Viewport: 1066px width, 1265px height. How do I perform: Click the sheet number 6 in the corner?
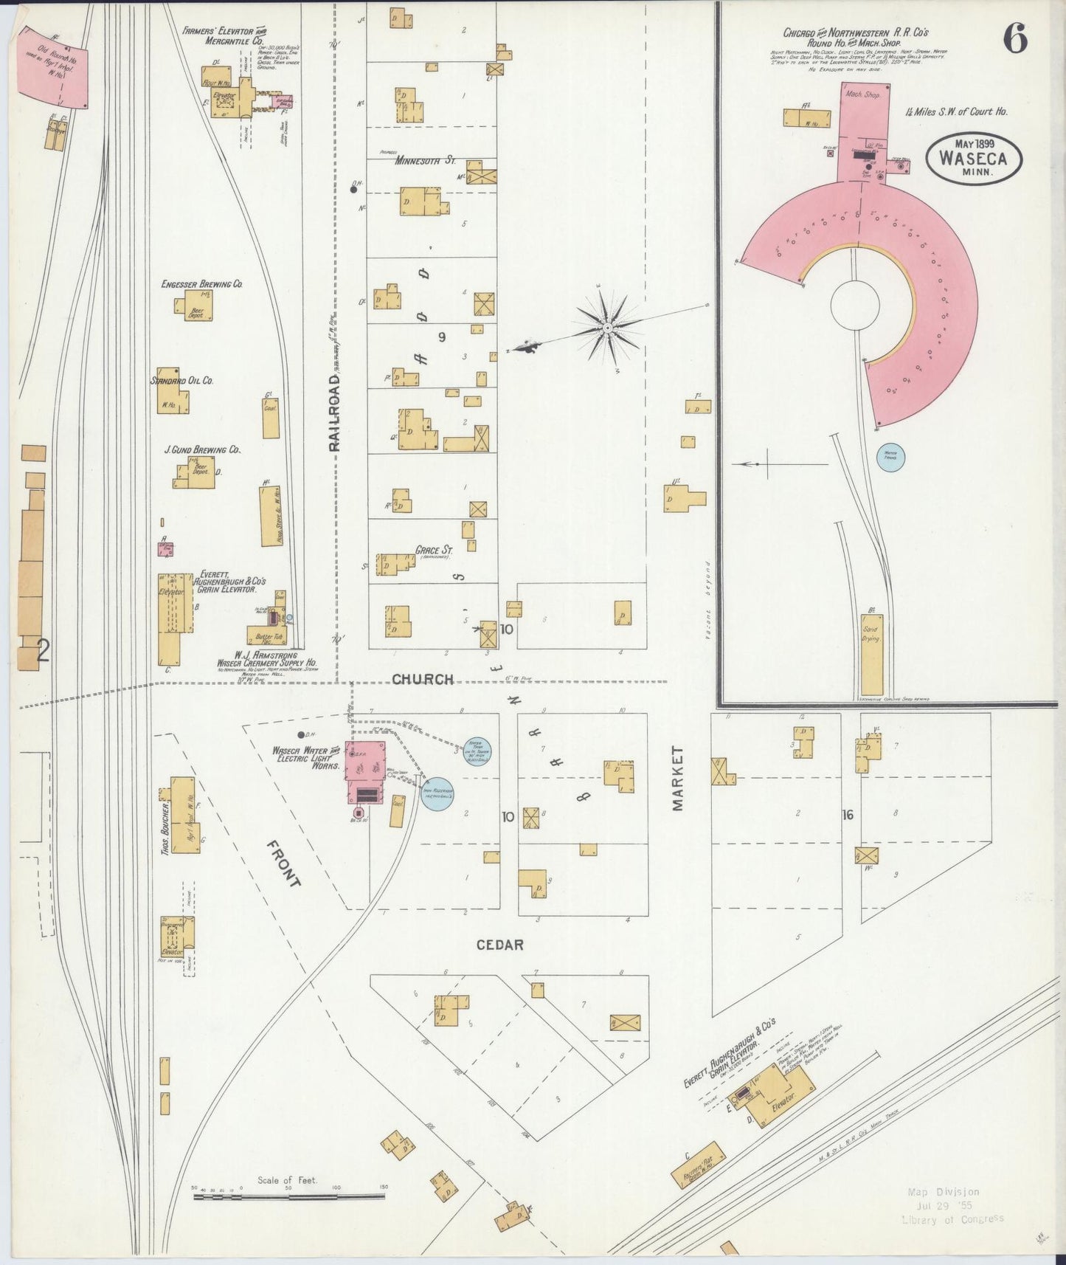point(1015,39)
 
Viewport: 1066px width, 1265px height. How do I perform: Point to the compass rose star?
point(607,326)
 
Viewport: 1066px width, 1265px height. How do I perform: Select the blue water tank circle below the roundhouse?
point(890,457)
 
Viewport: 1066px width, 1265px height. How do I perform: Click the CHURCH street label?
point(422,679)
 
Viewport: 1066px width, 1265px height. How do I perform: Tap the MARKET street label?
point(678,778)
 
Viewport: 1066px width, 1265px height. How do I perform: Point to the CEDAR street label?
point(499,945)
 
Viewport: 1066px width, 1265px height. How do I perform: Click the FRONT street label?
point(283,864)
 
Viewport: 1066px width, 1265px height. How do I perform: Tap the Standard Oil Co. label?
point(182,380)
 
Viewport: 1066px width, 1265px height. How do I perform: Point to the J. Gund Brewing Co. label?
point(202,449)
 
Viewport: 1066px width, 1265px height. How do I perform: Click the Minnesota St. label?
point(425,160)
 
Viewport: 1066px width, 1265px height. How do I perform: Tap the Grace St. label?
point(434,550)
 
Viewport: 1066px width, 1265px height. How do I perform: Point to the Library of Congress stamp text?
point(952,1220)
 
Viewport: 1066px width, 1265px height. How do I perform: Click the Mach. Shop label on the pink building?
point(863,94)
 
